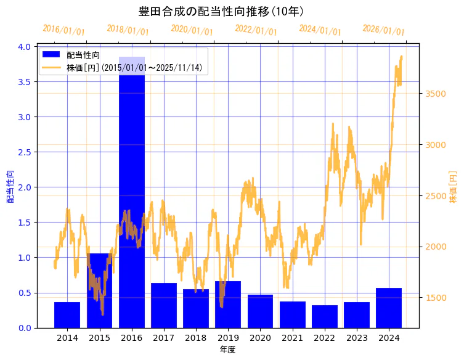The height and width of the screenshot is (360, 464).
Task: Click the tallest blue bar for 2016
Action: (131, 191)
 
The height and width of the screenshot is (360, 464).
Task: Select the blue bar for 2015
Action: (99, 290)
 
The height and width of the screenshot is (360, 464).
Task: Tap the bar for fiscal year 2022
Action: (325, 316)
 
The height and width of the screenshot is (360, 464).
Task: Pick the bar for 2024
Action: (389, 308)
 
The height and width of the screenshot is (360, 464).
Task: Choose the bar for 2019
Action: (228, 305)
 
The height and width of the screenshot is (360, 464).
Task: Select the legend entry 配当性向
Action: (83, 55)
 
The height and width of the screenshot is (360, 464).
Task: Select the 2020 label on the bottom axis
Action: (260, 338)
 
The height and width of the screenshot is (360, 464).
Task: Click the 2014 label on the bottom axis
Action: (67, 338)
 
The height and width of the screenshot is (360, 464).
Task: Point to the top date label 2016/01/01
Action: (63, 30)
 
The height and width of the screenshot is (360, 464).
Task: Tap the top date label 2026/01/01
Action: (383, 30)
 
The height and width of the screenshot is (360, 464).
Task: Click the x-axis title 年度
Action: (227, 350)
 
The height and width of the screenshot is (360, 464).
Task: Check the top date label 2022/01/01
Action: (256, 30)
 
